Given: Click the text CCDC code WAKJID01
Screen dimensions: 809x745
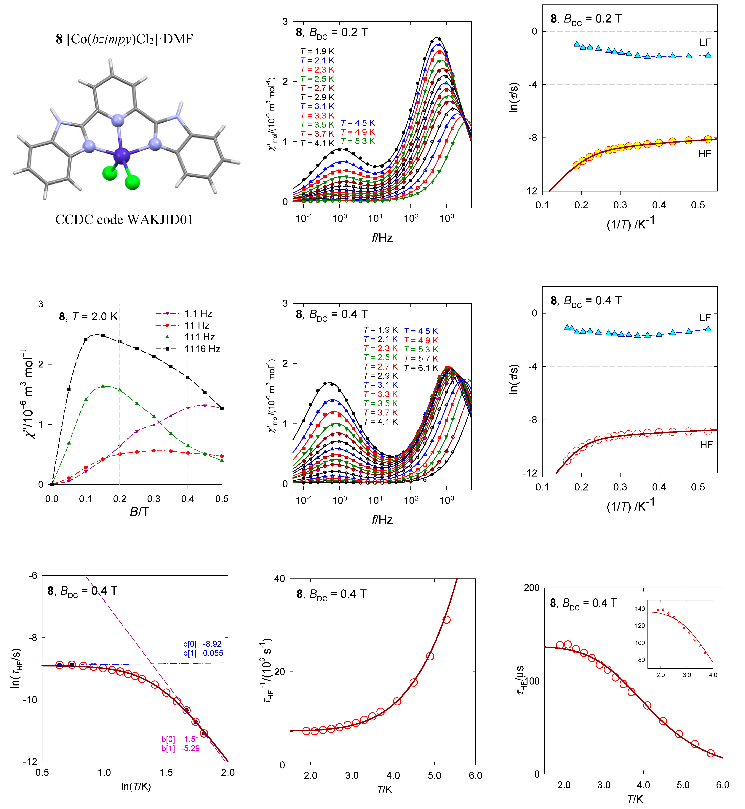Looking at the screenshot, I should pos(124,220).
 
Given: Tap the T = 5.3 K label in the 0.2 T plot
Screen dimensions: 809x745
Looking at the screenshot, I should pos(358,141).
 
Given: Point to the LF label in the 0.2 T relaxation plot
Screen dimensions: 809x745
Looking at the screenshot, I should pos(705,42).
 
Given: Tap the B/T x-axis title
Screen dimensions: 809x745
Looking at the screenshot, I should pos(140,512).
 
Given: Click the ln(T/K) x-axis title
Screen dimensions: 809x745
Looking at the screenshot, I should pos(136,786).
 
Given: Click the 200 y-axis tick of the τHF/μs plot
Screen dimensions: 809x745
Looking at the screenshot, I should pos(531,588).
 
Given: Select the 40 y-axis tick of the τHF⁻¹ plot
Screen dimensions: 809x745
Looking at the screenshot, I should pos(279,579).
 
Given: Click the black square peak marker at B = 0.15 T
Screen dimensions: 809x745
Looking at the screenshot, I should pos(103,335).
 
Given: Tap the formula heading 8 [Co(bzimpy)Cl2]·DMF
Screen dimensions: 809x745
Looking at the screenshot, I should pos(124,39).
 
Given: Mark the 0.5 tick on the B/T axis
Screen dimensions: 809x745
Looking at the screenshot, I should pos(222,499).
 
